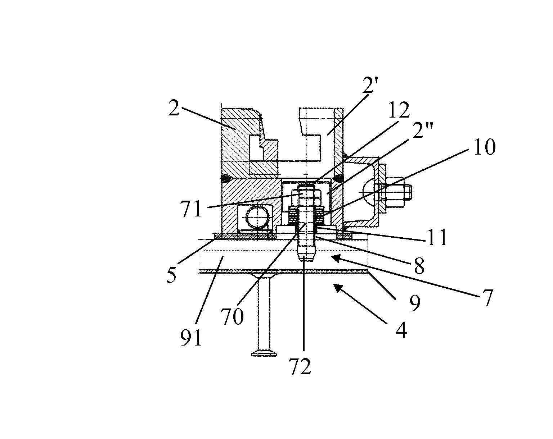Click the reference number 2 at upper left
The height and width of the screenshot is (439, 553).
point(174,108)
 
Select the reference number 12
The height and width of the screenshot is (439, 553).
point(399,110)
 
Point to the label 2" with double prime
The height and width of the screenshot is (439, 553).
point(423,130)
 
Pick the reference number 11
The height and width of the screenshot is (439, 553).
point(437,238)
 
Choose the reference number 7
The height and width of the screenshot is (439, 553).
point(487,298)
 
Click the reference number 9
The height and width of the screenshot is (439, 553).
point(415,303)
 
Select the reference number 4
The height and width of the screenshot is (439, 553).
point(401,330)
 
